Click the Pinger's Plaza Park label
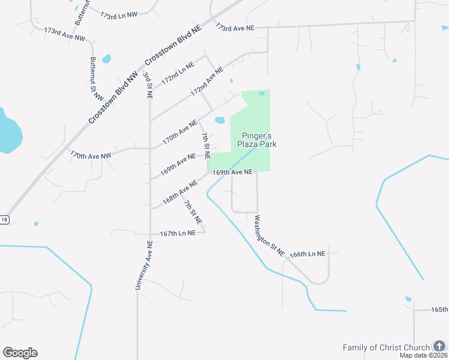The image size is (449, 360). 259,140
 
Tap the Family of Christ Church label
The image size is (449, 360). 386,347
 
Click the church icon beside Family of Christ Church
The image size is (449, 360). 440,347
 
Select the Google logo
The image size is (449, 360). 20,353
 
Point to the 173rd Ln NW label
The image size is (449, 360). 120,16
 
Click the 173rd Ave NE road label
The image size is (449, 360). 235,28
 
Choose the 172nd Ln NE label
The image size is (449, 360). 178,71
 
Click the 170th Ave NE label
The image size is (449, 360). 180,131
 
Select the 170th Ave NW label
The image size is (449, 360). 91,155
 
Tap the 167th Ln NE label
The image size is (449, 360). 178,233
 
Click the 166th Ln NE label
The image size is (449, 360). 307,254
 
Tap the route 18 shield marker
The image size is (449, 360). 4,220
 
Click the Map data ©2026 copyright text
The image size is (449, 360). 424,355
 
